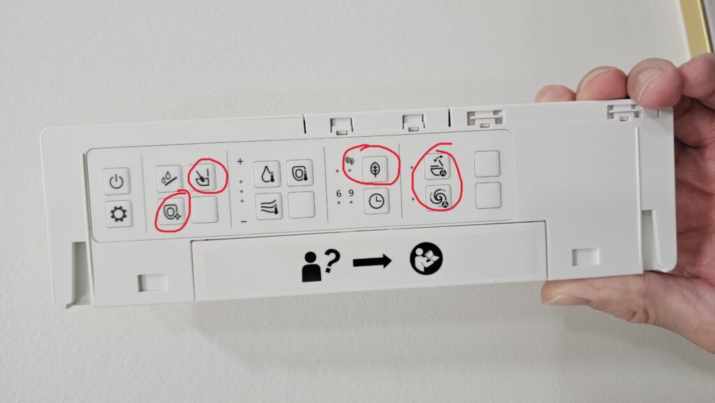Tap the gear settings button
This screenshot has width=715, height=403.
119,214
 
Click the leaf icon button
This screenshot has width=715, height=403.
375,170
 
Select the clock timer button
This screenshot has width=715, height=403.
376,201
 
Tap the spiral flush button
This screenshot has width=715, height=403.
438,198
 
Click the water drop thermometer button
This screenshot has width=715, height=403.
267,174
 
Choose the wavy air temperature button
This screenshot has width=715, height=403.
269,207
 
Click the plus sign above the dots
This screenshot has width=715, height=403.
240,161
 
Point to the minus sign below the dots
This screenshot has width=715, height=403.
244,221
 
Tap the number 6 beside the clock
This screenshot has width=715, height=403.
339,193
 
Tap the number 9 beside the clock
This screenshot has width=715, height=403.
351,193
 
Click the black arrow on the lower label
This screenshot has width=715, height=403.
372,262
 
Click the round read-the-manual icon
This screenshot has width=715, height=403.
426,258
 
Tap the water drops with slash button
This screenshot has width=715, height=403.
169,178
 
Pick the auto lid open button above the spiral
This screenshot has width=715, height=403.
437,166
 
